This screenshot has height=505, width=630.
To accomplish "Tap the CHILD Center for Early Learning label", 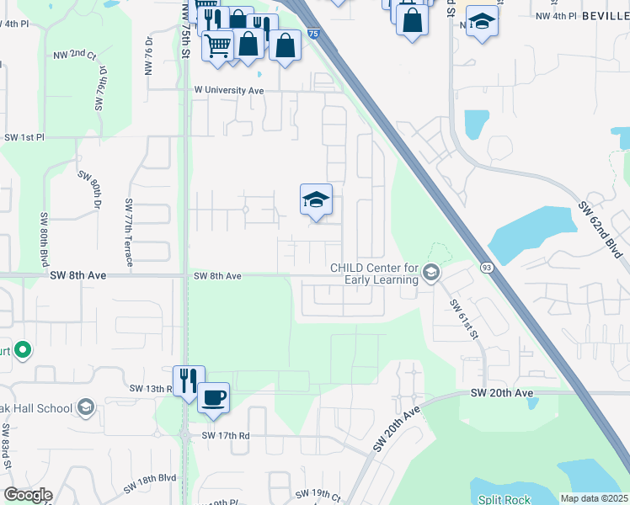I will (x=374, y=274).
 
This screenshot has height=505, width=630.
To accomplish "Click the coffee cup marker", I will (x=214, y=396).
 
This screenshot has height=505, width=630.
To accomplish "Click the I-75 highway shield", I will (x=313, y=33).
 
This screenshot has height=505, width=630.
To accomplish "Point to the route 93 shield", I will (x=486, y=267).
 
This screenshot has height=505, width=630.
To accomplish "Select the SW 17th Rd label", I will (x=226, y=435).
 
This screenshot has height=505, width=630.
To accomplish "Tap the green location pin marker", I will (x=23, y=349).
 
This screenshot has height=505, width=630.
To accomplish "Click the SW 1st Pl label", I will (x=24, y=137).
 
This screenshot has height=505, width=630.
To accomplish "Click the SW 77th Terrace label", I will (x=129, y=232).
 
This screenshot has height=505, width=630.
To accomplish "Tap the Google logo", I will (x=28, y=495).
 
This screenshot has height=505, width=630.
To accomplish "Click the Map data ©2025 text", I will (x=594, y=498).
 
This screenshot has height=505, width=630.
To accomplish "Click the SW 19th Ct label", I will (x=315, y=492).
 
